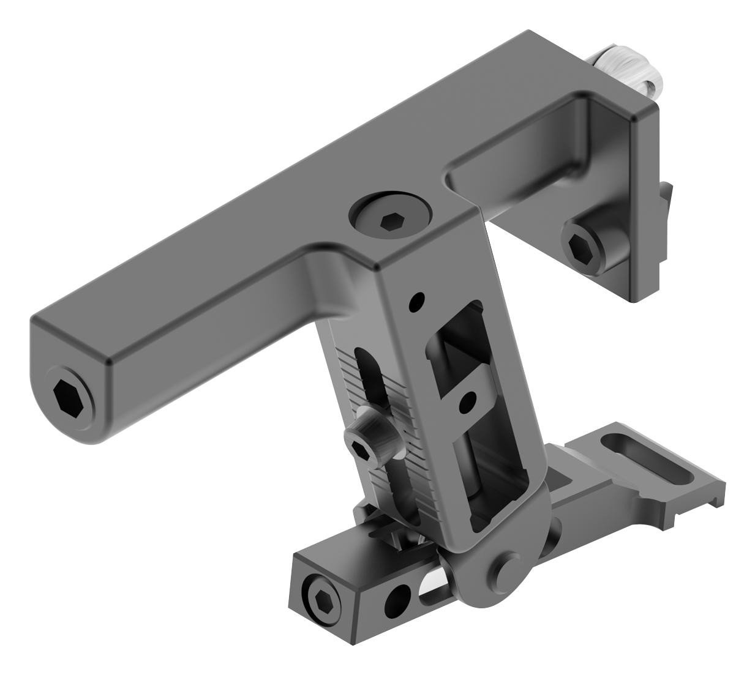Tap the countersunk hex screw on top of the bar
pyautogui.click(x=389, y=220)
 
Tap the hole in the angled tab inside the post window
pyautogui.click(x=467, y=401)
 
